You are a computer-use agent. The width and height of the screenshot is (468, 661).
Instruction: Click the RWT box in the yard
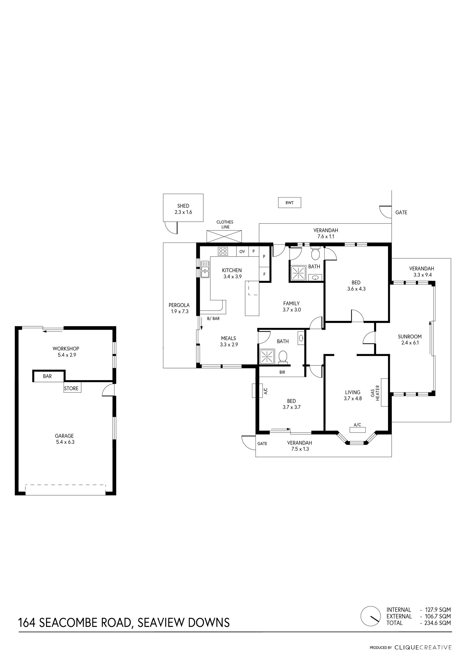click(289, 203)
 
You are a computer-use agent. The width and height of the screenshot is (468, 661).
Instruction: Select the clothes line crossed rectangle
click(224, 236)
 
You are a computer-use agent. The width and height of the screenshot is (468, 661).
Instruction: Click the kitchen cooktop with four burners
click(223, 251)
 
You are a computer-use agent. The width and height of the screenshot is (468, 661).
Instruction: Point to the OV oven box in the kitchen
click(242, 251)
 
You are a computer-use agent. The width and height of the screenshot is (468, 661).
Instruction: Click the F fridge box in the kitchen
click(264, 274)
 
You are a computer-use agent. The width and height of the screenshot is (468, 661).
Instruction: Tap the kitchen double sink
click(205, 270)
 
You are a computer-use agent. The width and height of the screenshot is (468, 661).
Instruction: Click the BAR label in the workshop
click(47, 376)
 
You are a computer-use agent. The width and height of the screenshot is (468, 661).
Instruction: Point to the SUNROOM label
click(410, 336)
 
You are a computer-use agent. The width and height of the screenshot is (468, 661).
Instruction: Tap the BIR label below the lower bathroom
click(282, 372)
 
